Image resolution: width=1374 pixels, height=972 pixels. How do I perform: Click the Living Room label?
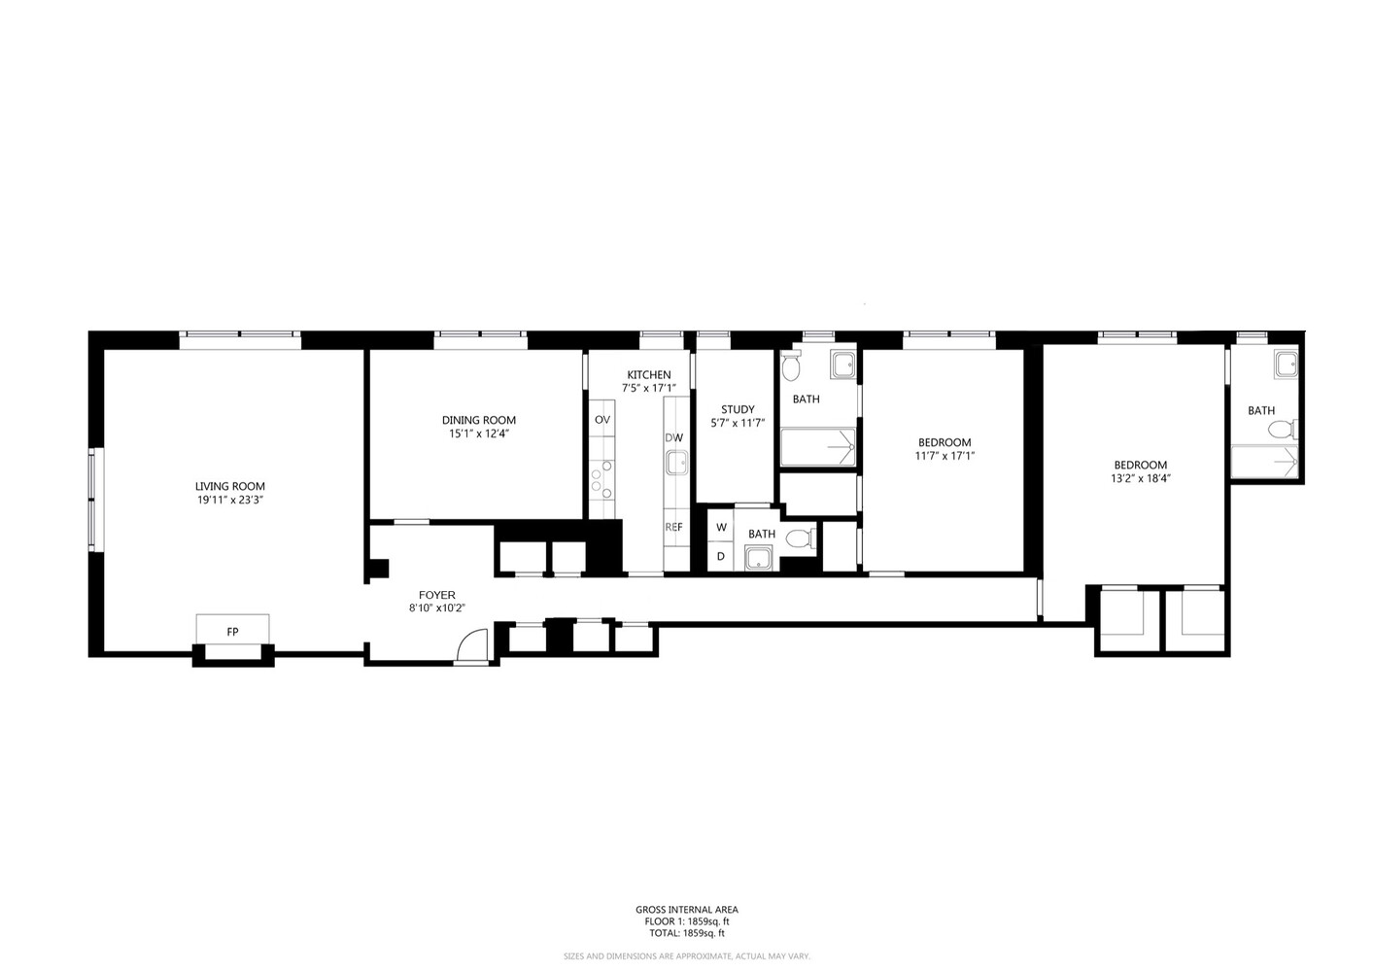tap(229, 486)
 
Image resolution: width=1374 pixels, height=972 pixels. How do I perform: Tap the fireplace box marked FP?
tap(232, 631)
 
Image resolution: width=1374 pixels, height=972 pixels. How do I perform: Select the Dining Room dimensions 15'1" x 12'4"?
tap(478, 434)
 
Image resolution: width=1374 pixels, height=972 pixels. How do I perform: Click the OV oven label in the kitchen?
tap(601, 420)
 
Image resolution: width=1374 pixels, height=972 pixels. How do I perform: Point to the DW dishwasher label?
tap(673, 438)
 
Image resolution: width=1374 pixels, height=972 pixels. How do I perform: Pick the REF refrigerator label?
tap(673, 527)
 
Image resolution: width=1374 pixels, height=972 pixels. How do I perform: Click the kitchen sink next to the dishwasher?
tap(675, 463)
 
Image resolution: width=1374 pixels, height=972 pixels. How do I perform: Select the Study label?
tap(738, 409)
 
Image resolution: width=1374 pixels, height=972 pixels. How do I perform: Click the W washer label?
tap(721, 528)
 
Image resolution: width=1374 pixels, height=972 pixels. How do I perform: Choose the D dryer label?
tap(721, 556)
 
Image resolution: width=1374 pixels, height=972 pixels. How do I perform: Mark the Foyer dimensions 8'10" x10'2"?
tap(436, 608)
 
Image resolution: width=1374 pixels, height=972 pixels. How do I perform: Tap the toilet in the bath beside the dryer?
tap(799, 538)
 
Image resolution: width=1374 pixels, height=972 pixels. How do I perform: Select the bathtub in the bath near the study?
tap(817, 448)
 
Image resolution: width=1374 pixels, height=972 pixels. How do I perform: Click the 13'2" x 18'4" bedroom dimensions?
tap(1140, 478)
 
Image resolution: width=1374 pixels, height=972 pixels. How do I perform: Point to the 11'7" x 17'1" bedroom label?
tap(944, 442)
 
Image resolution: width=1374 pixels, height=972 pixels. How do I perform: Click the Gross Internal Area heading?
tap(686, 910)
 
